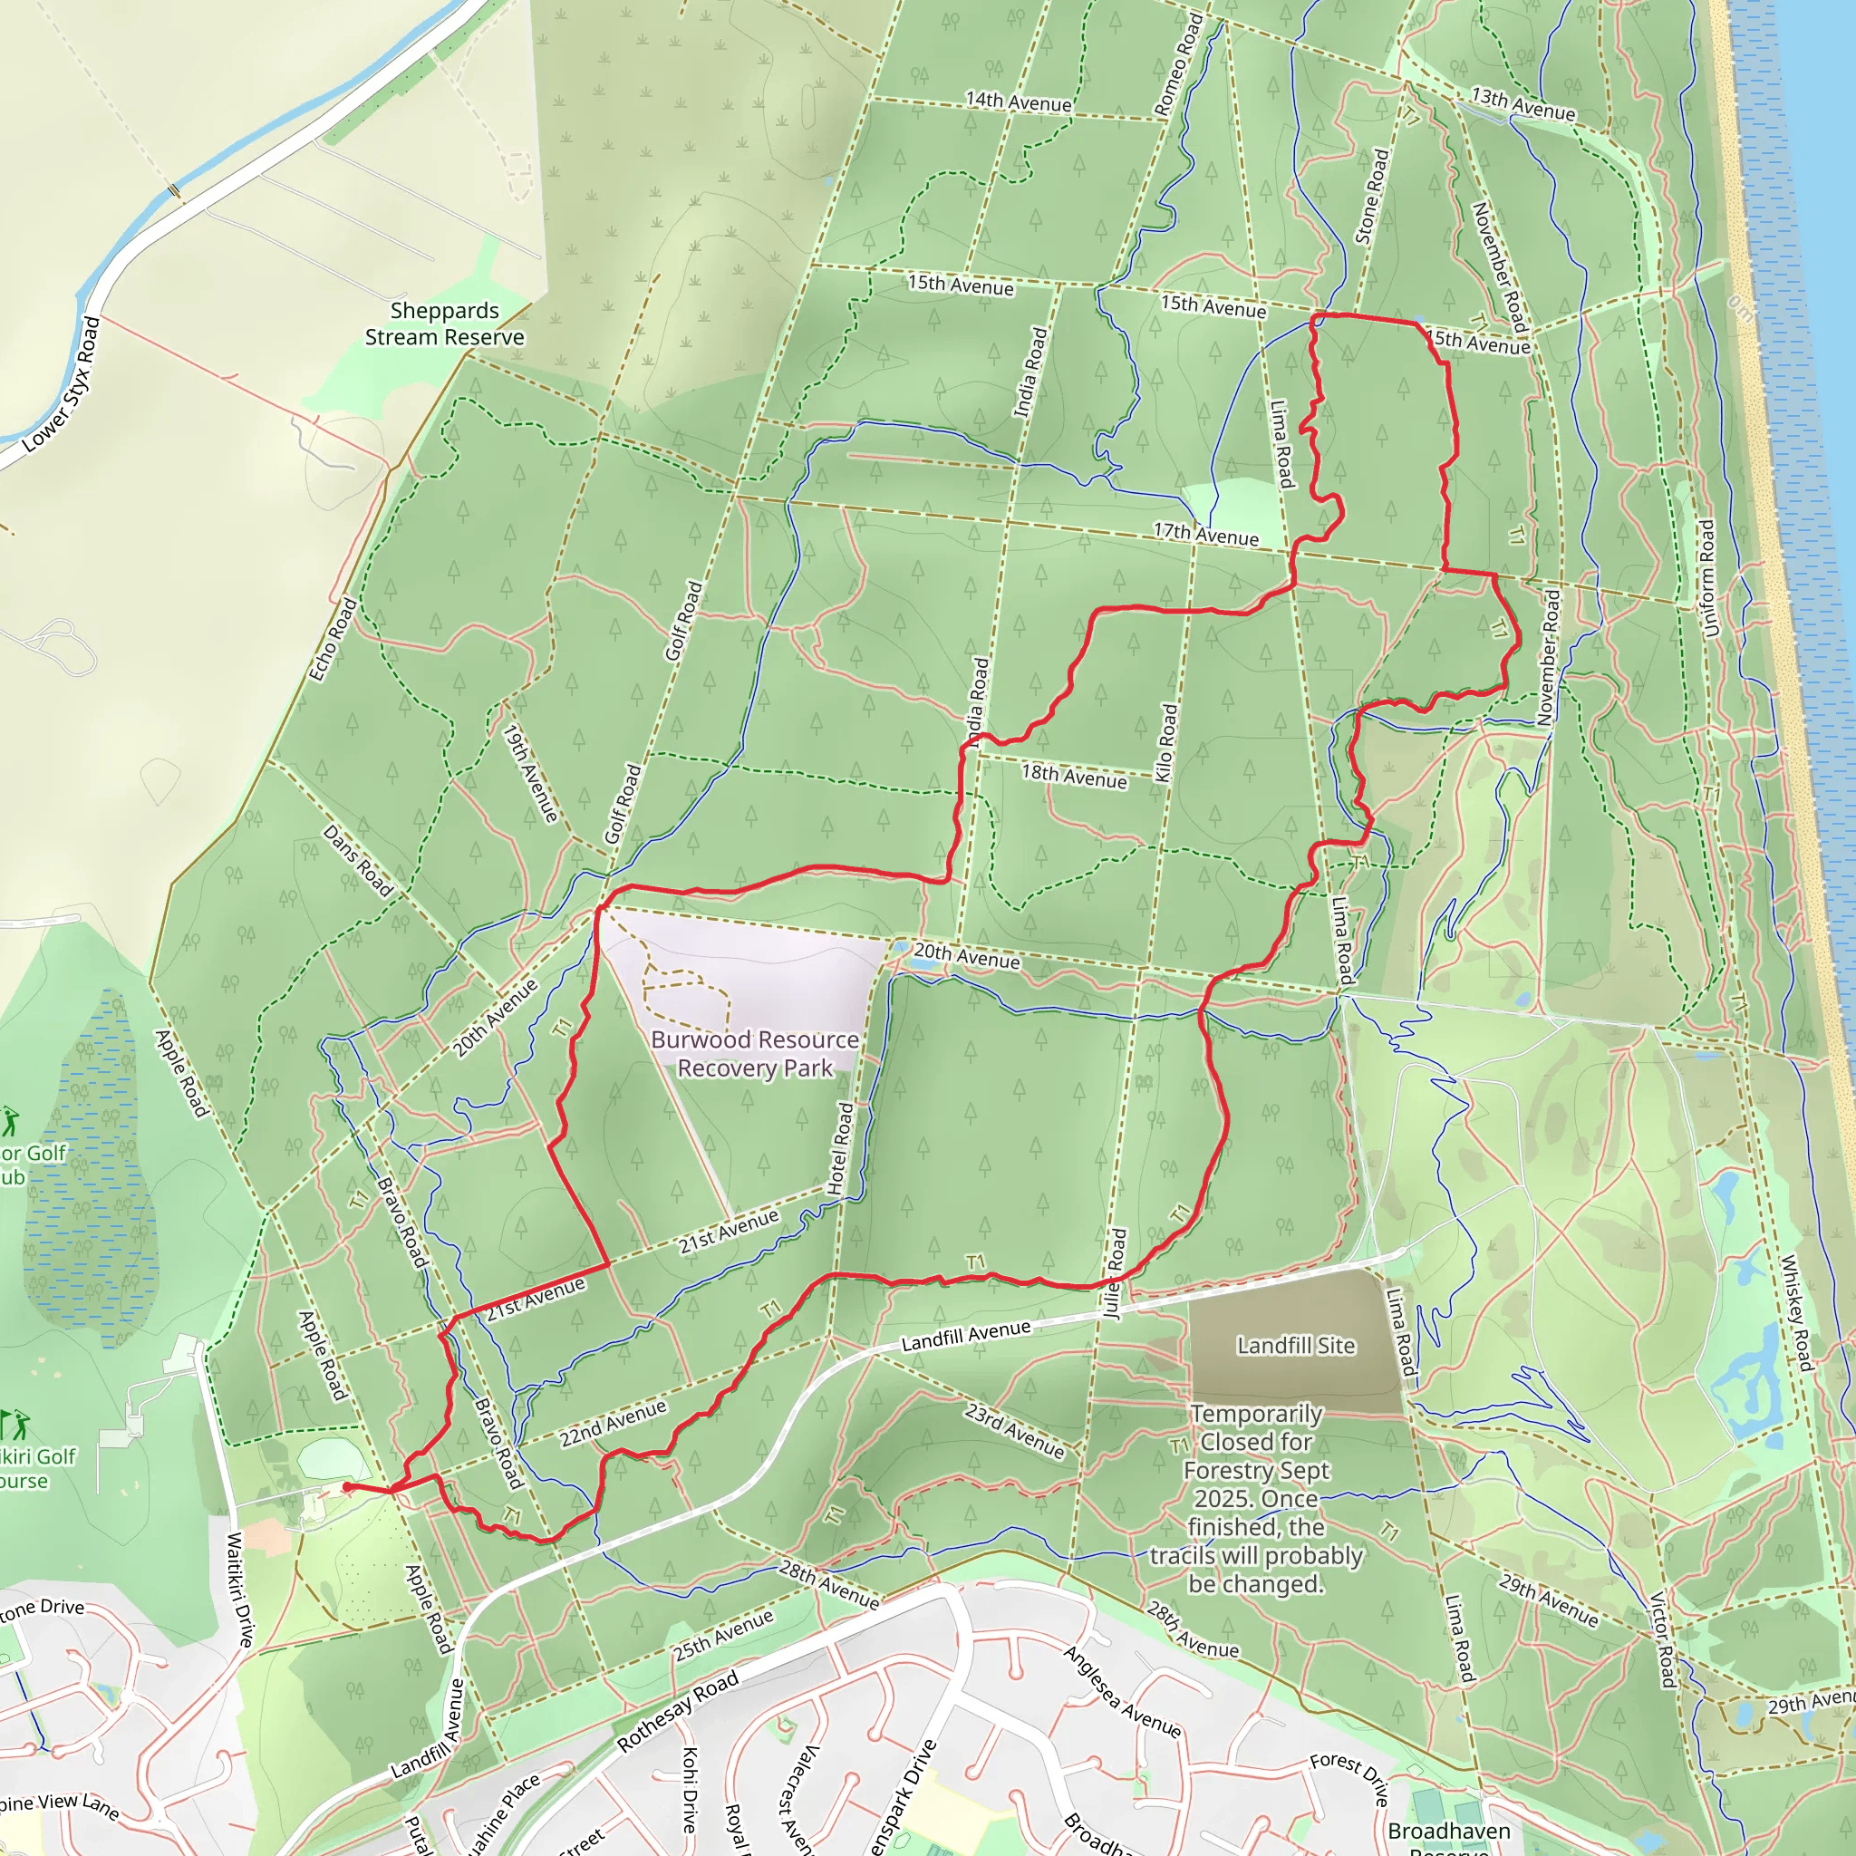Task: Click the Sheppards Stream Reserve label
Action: [444, 324]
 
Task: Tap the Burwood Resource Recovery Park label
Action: [755, 1054]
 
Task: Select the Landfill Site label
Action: [1295, 1345]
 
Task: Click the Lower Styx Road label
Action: [61, 383]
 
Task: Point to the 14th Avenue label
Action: [1019, 101]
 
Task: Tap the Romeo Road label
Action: [1178, 64]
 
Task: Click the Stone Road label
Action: [1372, 196]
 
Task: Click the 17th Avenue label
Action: [1205, 534]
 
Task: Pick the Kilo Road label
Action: [1165, 742]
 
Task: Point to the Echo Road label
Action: [333, 640]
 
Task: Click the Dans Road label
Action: [357, 861]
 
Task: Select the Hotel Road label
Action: [841, 1148]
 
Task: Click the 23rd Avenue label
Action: [1014, 1430]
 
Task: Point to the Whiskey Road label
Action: [1795, 1312]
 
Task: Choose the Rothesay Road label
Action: [677, 1710]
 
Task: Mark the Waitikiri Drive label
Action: [241, 1590]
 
